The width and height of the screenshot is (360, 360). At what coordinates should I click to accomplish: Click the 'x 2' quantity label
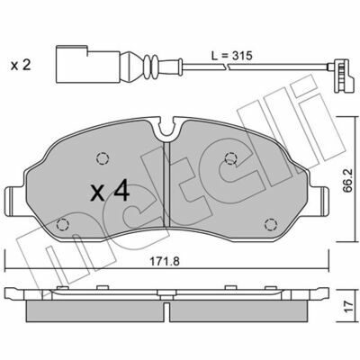pos(21,65)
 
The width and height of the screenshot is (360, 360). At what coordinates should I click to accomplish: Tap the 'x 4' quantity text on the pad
pos(110,193)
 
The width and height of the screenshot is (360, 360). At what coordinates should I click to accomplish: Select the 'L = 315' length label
pos(231,56)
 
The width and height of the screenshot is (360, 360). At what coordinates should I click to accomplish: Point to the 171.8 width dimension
pos(165,261)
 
